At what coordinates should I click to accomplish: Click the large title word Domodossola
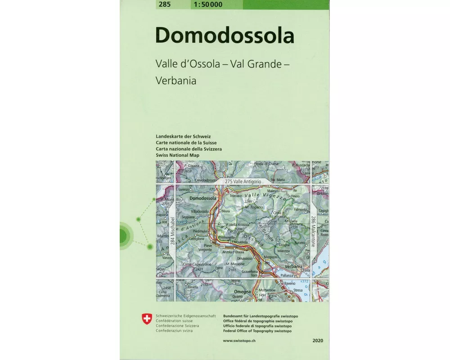point(225,36)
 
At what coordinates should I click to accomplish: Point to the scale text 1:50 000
point(207,4)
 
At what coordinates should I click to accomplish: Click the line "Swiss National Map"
point(177,155)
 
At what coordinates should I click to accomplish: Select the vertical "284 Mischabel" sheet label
point(172,231)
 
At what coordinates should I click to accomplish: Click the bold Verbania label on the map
point(293,266)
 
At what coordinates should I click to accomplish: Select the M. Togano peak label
point(254,207)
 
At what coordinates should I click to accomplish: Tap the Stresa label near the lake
point(298,291)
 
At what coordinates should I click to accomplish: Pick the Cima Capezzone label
point(197,264)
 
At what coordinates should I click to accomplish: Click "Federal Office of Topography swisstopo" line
point(257,331)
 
